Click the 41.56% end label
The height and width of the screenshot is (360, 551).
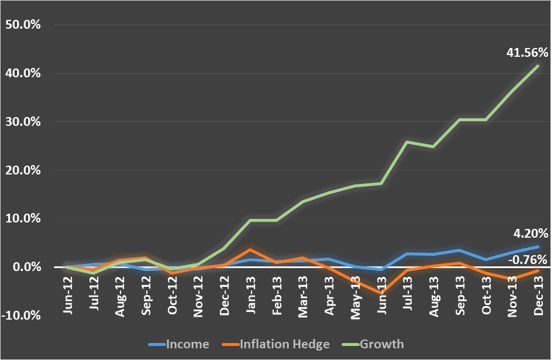[x=526, y=53]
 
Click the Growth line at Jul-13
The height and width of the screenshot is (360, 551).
[x=408, y=142]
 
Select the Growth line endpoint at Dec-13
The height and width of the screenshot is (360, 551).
[x=538, y=66]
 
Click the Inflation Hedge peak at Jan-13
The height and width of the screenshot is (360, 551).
[x=251, y=249]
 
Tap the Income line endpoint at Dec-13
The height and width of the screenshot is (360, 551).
[x=538, y=246]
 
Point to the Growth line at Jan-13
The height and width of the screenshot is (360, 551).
[x=251, y=220]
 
